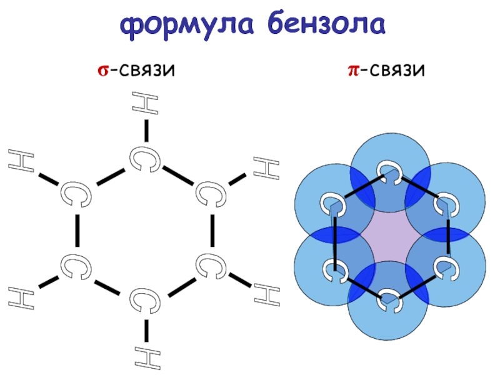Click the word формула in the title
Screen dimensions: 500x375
[187, 25]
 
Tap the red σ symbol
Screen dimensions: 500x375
[103, 70]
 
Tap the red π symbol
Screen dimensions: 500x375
[353, 70]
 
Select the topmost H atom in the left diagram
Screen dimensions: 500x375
[145, 102]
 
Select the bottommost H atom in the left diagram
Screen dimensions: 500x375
[147, 358]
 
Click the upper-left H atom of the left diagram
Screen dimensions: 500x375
[21, 161]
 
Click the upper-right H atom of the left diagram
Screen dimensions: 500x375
[267, 168]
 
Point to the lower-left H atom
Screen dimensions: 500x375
[21, 298]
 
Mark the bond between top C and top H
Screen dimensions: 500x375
[146, 131]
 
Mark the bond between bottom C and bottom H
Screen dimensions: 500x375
[146, 331]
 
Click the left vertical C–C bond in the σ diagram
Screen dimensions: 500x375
[77, 231]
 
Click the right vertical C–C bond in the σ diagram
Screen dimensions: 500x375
[212, 231]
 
